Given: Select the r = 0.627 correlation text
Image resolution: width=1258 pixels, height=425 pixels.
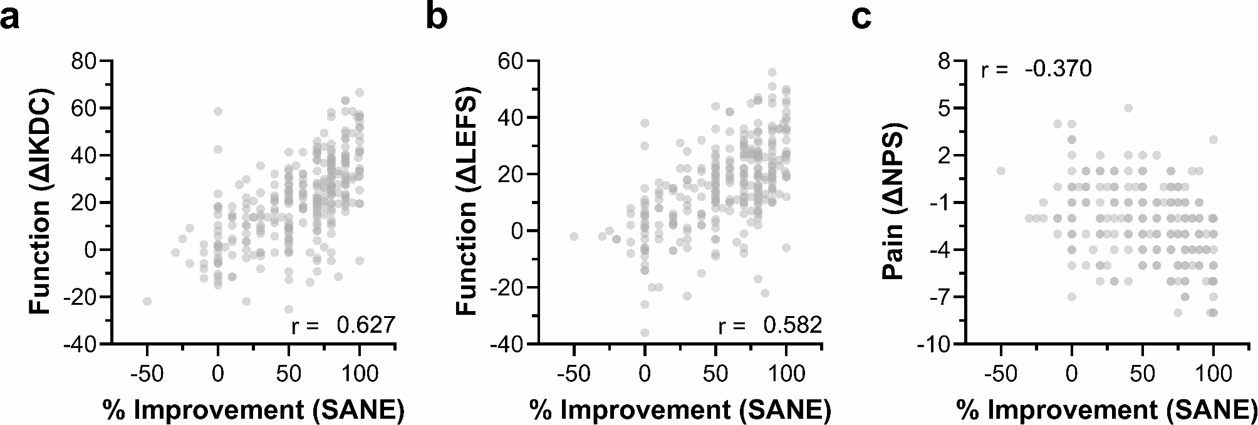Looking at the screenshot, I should click(x=343, y=325).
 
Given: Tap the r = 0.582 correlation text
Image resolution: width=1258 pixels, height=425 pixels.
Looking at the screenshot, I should click(x=770, y=325).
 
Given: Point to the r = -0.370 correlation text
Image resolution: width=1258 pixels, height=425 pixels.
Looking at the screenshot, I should click(x=1036, y=69).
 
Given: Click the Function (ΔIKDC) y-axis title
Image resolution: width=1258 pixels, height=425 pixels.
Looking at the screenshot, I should click(x=41, y=201).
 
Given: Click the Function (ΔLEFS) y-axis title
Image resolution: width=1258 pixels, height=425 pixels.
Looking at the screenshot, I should click(x=467, y=202).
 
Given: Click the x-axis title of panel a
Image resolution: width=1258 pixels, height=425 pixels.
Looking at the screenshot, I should click(x=254, y=409).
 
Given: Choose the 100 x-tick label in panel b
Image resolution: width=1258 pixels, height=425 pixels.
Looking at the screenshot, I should click(x=786, y=374).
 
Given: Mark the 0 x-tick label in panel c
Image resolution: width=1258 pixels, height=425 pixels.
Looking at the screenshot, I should click(x=1072, y=374).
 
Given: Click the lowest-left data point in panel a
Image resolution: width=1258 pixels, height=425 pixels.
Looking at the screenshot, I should click(x=147, y=301).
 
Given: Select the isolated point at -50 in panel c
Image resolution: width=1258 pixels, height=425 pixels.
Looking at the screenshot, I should click(x=1001, y=171).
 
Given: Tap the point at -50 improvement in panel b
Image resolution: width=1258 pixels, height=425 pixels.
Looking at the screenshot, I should click(x=574, y=236).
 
